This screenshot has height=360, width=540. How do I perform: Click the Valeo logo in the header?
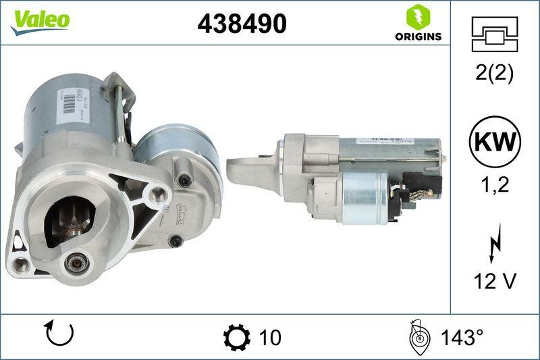pos(39,20)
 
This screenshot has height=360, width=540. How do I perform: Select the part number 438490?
pos(242,24)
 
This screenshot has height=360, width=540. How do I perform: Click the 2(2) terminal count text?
pos(494,74)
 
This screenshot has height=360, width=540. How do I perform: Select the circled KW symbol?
pos(494,143)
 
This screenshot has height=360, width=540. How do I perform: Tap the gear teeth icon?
pos(236,336)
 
